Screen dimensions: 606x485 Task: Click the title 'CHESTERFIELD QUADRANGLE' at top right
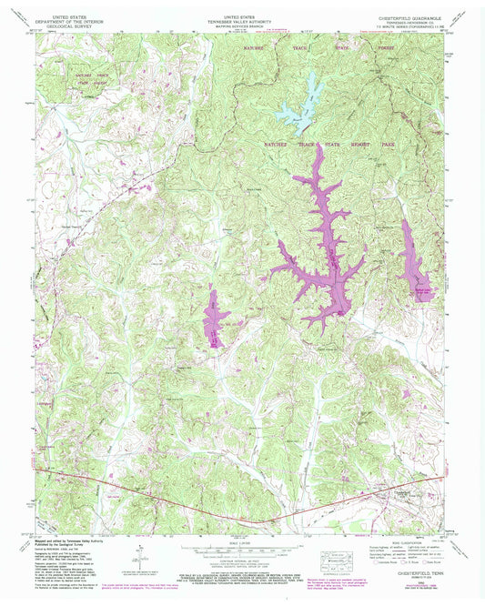click(x=409, y=17)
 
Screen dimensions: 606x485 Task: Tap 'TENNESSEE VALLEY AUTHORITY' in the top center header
click(x=241, y=22)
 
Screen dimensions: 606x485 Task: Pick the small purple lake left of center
click(x=216, y=318)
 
